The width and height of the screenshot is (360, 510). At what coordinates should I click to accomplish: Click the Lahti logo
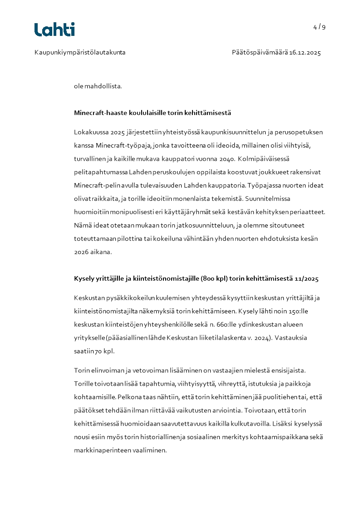click(54, 30)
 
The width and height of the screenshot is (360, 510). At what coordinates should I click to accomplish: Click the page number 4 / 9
click(319, 27)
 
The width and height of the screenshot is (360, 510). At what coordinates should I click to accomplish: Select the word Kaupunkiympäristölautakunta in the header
click(80, 53)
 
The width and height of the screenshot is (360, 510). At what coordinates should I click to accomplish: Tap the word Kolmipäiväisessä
click(270, 159)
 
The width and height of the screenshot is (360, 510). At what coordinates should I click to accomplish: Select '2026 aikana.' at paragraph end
click(93, 252)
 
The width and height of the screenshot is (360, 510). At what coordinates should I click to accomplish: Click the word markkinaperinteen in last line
click(102, 451)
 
